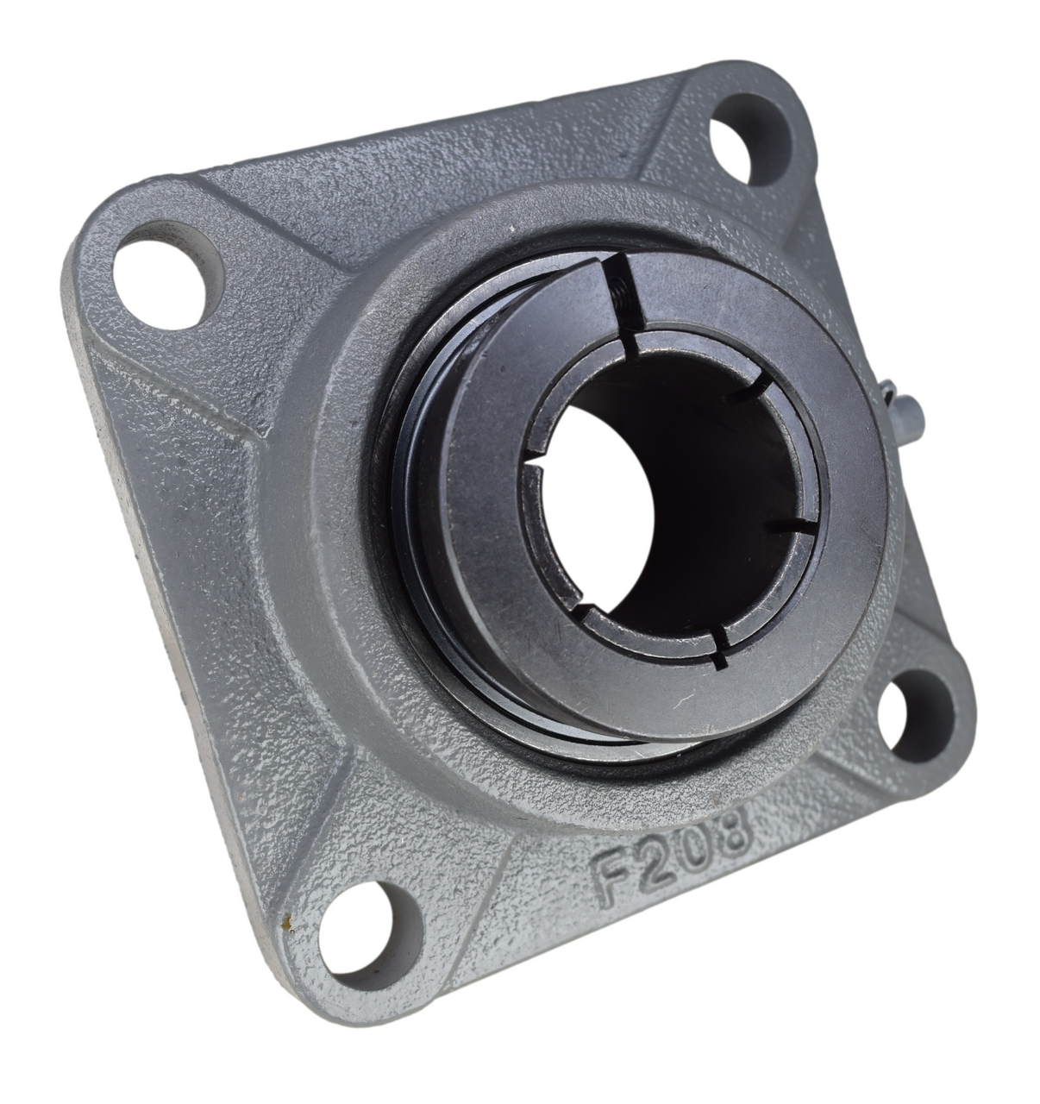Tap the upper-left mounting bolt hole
(x=165, y=273)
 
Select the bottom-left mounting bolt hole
(x=371, y=925)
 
